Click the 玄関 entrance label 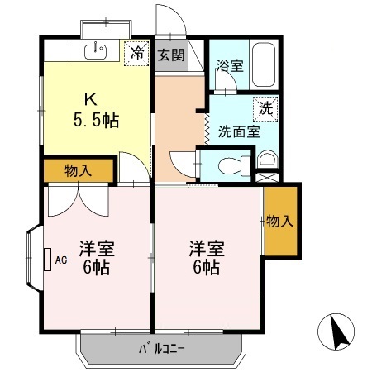click(172, 57)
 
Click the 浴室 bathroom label click(229, 65)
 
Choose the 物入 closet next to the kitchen click(78, 171)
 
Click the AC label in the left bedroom click(60, 260)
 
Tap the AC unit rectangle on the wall click(46, 260)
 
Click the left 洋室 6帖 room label click(96, 257)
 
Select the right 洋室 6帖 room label click(204, 257)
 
